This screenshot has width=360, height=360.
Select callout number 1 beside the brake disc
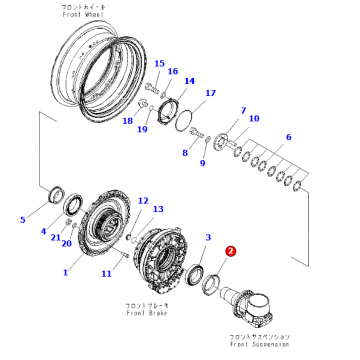(x=66, y=271)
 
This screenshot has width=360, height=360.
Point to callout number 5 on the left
(x=24, y=218)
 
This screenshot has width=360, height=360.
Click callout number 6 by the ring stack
(x=289, y=137)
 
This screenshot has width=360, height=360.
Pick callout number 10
(x=254, y=119)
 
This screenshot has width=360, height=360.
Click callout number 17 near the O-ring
(x=210, y=93)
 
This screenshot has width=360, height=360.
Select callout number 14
(x=190, y=81)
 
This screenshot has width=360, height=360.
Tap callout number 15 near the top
(x=158, y=63)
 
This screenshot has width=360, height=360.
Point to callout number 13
(x=156, y=209)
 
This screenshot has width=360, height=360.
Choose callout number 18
(x=127, y=121)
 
